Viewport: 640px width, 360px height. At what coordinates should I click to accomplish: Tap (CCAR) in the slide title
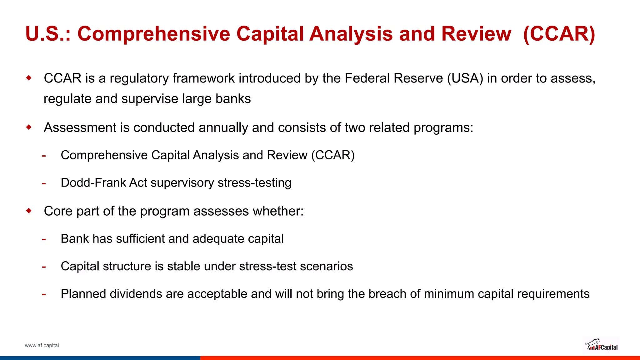point(559,34)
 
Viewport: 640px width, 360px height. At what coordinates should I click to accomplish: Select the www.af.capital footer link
point(42,345)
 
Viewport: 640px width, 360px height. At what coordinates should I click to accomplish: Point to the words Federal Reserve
point(393,78)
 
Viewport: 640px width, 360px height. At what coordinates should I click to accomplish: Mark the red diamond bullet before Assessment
point(29,127)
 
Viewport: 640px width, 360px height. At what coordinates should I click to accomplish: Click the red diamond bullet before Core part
point(29,211)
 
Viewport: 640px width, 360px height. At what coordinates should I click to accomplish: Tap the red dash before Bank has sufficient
point(44,239)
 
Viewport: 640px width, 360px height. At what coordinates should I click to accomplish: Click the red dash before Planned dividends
point(44,295)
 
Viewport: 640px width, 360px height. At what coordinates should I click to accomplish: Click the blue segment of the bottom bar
point(100,358)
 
